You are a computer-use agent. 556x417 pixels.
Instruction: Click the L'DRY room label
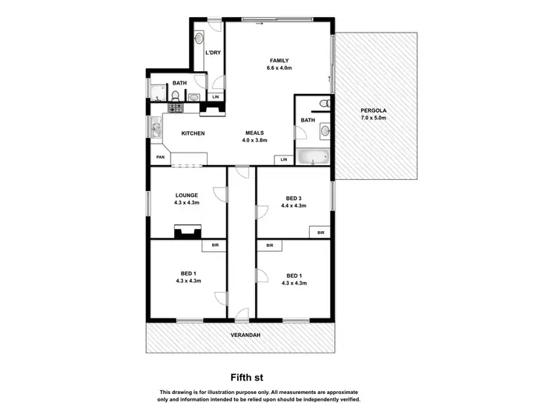[213, 53]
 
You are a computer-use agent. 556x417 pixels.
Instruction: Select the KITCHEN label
[193, 133]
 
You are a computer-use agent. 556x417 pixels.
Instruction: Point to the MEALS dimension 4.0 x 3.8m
[256, 140]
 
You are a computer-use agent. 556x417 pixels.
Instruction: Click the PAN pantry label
[159, 158]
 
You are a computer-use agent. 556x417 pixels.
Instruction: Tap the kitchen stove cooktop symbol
[176, 108]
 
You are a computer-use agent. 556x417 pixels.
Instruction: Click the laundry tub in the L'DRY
[199, 37]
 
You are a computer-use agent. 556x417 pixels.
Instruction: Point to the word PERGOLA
[373, 110]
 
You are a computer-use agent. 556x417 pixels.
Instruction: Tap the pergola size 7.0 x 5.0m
[374, 118]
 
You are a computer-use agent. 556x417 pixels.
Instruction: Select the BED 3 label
[294, 198]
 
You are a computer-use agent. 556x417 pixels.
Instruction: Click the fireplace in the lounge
[182, 233]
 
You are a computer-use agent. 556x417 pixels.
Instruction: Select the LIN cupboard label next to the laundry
[216, 97]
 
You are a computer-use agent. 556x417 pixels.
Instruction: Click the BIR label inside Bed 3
[320, 233]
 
